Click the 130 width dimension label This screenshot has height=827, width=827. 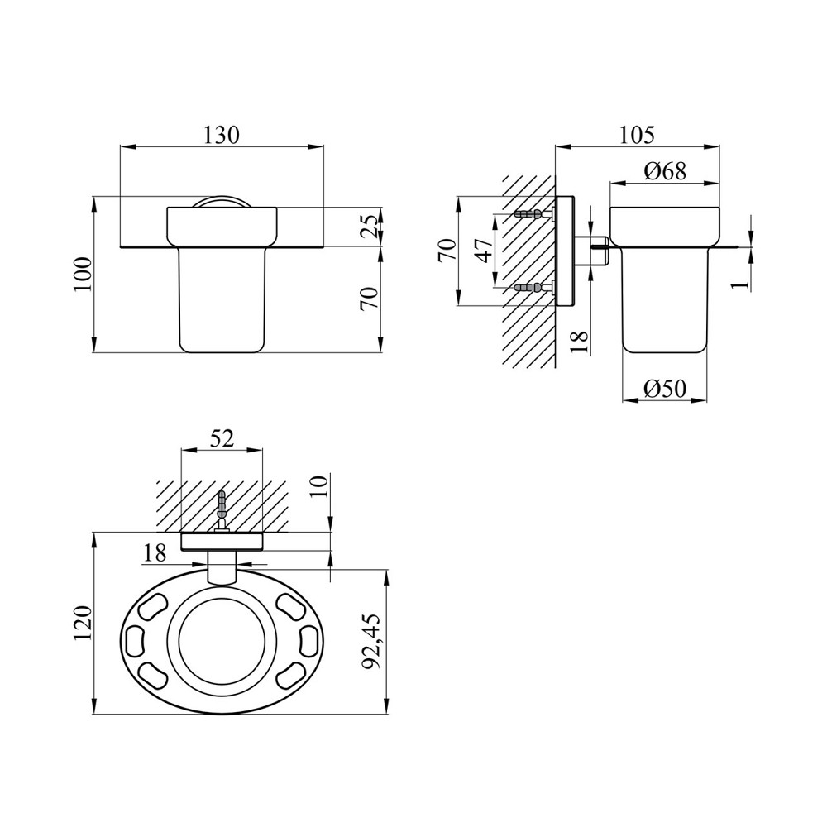222,135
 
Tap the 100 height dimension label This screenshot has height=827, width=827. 84,275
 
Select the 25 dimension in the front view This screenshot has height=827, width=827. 371,227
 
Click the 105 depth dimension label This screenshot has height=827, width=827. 636,135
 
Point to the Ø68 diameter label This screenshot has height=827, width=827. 665,171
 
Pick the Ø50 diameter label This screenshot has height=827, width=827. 665,390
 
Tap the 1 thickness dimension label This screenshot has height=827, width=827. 741,283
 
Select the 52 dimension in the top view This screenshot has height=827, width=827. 221,438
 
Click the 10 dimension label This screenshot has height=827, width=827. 320,485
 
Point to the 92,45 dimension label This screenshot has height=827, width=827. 372,642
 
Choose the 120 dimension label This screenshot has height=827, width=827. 84,624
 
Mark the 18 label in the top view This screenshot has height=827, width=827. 155,552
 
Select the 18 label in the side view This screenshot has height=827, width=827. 579,342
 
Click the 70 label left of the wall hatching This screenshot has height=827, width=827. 447,251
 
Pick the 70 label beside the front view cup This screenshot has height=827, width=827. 371,299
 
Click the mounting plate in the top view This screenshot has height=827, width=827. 222,543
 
